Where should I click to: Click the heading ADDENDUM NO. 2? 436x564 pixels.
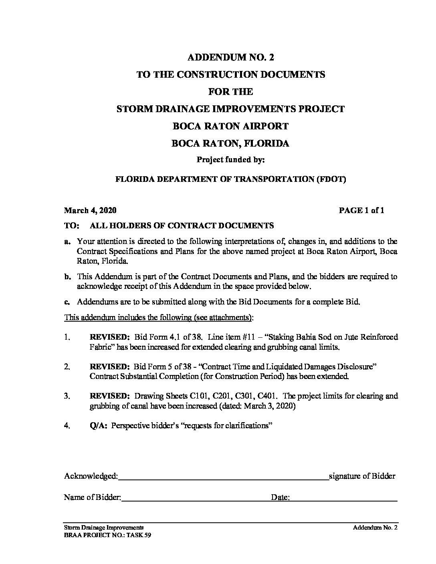230,57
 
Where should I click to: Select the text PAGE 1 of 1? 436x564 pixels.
361,210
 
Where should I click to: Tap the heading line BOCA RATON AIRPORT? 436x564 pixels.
230,126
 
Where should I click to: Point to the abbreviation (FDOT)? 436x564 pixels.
331,179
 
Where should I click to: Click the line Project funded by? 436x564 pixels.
230,160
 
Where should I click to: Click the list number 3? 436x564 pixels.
67,396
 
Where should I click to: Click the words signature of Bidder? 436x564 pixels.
362,476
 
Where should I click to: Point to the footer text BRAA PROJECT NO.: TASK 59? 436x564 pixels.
107,535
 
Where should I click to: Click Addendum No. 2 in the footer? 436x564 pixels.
375,528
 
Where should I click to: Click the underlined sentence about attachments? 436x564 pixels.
159,318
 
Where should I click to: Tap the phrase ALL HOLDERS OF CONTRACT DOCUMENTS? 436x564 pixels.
182,226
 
